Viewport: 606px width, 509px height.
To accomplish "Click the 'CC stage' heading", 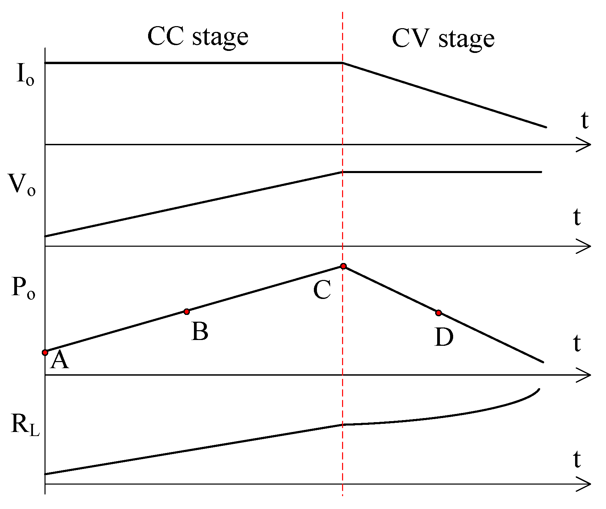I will [x=198, y=37].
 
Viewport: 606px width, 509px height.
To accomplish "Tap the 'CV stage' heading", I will [x=443, y=39].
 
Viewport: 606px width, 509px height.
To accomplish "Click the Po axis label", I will [x=23, y=288].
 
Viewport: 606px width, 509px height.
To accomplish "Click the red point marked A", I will [x=45, y=353].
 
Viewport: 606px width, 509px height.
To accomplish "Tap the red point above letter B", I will [x=186, y=312].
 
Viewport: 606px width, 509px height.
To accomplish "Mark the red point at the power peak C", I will [x=343, y=266].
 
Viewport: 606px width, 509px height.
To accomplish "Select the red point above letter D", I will [x=439, y=313].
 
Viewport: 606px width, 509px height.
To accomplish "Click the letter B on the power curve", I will [x=200, y=332].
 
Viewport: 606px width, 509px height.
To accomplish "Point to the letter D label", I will [x=444, y=337].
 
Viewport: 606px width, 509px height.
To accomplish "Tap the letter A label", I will [x=59, y=360].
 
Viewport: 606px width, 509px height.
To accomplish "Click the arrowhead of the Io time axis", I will [x=586, y=145].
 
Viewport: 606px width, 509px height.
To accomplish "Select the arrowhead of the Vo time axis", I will [x=586, y=246].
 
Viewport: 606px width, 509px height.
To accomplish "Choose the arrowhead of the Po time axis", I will [x=586, y=375].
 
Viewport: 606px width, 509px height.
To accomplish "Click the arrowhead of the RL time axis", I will [x=586, y=484].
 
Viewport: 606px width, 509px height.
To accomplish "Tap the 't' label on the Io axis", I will [x=584, y=120].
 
